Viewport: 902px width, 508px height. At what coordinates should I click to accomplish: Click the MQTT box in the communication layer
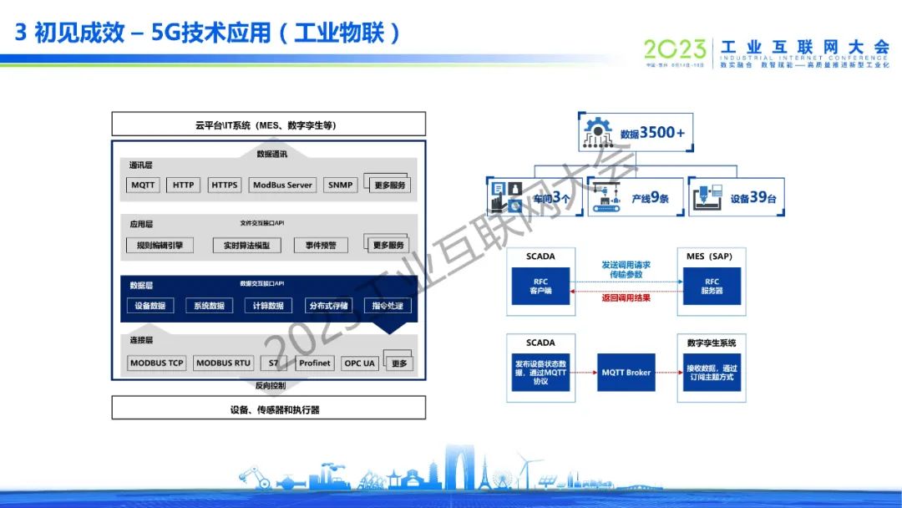pyautogui.click(x=144, y=185)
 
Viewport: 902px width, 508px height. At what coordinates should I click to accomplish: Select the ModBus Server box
pyautogui.click(x=282, y=185)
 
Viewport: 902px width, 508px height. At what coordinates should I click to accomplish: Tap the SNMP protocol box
pyautogui.click(x=340, y=185)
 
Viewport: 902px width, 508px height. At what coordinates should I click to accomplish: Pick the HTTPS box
pyautogui.click(x=224, y=185)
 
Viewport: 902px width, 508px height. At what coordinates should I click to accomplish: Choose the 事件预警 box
pyautogui.click(x=321, y=246)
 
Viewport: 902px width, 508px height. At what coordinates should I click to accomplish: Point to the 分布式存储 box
pyautogui.click(x=328, y=306)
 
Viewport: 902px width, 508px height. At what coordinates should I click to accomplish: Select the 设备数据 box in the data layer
pyautogui.click(x=150, y=306)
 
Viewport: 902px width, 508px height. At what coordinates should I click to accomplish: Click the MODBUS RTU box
pyautogui.click(x=223, y=363)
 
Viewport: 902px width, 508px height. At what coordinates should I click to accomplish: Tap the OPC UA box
pyautogui.click(x=359, y=363)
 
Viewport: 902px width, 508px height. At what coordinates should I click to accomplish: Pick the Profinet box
pyautogui.click(x=315, y=363)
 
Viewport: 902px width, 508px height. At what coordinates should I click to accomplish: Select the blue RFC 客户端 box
pyautogui.click(x=541, y=287)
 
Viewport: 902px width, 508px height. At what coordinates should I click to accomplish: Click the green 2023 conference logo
pyautogui.click(x=675, y=50)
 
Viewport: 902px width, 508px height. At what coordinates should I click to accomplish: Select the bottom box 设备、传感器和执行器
pyautogui.click(x=269, y=409)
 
